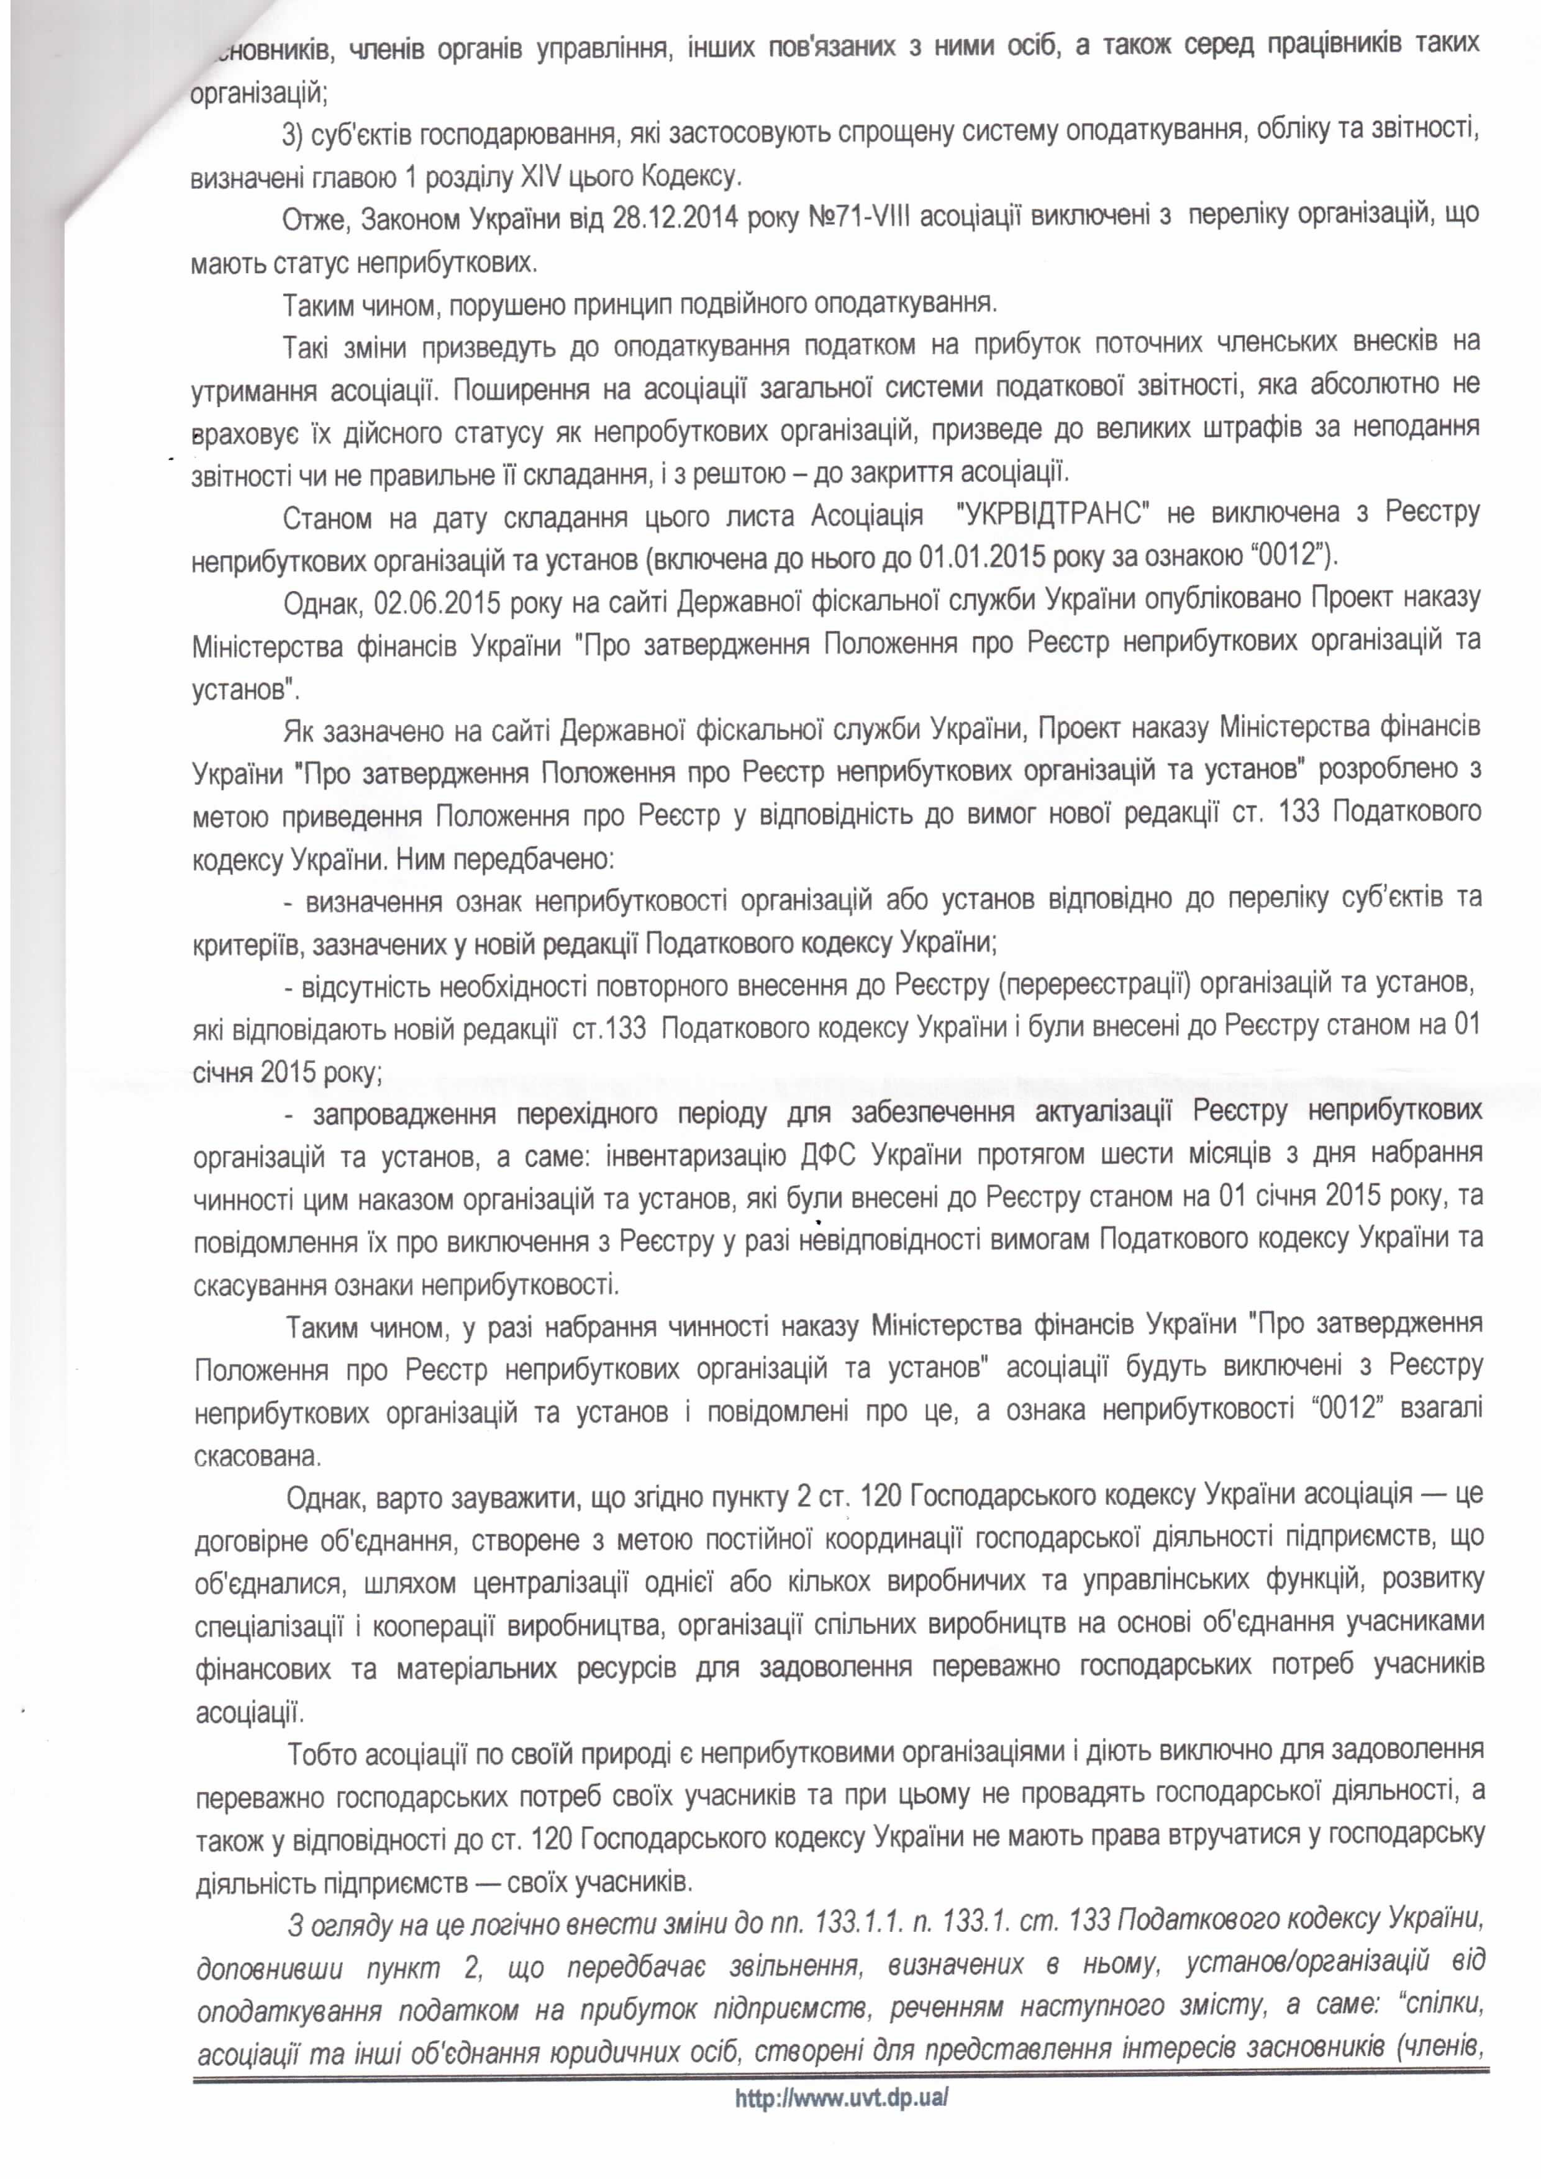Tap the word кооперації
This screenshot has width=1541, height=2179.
[x=434, y=1626]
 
